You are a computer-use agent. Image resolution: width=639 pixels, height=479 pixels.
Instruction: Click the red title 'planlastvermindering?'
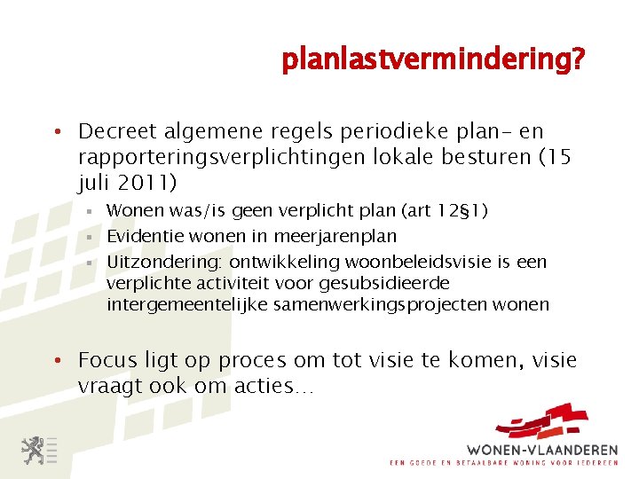(x=433, y=60)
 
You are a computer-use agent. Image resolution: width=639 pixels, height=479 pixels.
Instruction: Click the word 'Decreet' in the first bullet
(x=115, y=131)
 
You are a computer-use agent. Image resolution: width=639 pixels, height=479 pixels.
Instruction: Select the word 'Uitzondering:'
(x=165, y=262)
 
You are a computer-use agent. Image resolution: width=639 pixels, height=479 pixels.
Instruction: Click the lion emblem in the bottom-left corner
(x=34, y=451)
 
